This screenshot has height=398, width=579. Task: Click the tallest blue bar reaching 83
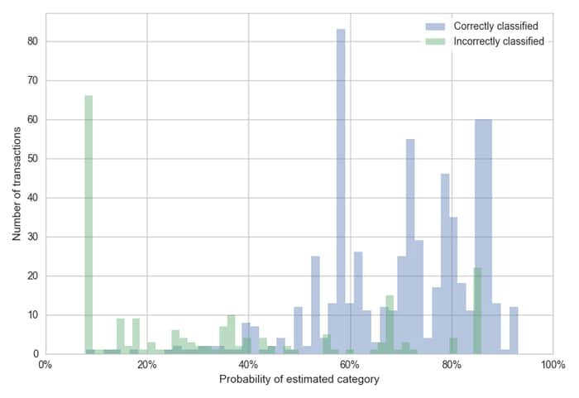pyautogui.click(x=341, y=191)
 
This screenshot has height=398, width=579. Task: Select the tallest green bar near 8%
pyautogui.click(x=89, y=225)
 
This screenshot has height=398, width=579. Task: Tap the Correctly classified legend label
pyautogui.click(x=495, y=26)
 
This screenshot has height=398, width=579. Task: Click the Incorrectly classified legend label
pyautogui.click(x=499, y=41)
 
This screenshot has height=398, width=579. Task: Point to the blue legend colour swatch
pyautogui.click(x=435, y=26)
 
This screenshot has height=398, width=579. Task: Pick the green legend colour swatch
pyautogui.click(x=435, y=41)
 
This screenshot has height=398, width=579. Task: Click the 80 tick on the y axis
pyautogui.click(x=33, y=41)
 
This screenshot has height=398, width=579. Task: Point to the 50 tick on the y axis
pyautogui.click(x=33, y=159)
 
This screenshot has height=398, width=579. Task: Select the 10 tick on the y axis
pyautogui.click(x=33, y=315)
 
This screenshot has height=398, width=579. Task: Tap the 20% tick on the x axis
pyautogui.click(x=147, y=365)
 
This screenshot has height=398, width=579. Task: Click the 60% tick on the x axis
pyautogui.click(x=350, y=365)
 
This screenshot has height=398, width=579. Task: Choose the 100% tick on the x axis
pyautogui.click(x=553, y=365)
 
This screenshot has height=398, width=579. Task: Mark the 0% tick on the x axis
pyautogui.click(x=45, y=365)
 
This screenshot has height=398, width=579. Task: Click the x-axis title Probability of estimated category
pyautogui.click(x=299, y=380)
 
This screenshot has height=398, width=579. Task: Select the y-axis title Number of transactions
pyautogui.click(x=17, y=184)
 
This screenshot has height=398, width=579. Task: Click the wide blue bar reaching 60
pyautogui.click(x=483, y=237)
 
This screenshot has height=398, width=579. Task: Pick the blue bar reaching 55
pyautogui.click(x=410, y=247)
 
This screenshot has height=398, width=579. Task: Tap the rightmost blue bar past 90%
pyautogui.click(x=514, y=330)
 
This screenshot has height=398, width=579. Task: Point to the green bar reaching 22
pyautogui.click(x=478, y=311)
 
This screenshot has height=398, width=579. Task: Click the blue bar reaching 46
pyautogui.click(x=445, y=264)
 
